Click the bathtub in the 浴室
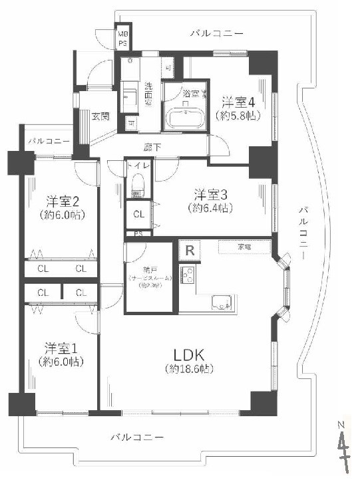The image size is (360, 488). (x=184, y=120)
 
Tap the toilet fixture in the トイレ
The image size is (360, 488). (x=138, y=183)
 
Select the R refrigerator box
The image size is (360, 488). (x=190, y=251)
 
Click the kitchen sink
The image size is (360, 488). (x=223, y=301)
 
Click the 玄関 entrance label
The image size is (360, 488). (x=100, y=117)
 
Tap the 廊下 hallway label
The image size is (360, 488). (x=152, y=147)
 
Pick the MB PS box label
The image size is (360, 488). (x=123, y=38)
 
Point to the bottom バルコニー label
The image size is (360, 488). (x=136, y=437)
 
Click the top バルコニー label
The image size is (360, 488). (x=216, y=32)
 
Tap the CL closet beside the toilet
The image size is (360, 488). (x=138, y=214)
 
